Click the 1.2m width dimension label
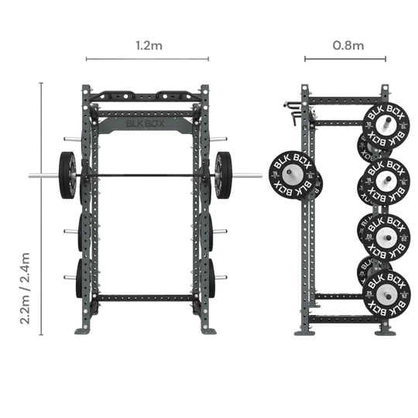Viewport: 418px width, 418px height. pos(147,46)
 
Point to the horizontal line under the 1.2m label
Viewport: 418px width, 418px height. pos(147,57)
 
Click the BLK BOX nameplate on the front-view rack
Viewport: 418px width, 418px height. pos(147,119)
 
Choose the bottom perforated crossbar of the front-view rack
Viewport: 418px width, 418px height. pos(147,297)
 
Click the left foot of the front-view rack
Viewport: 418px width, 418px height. pos(83,331)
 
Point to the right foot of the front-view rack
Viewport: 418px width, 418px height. pos(209,331)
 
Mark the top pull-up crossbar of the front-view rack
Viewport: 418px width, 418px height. pos(147,97)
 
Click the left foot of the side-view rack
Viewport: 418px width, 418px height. pos(303,329)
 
